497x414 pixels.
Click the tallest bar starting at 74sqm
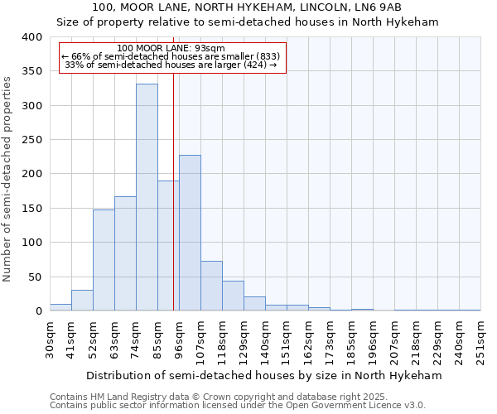147,197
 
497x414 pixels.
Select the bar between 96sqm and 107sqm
190,233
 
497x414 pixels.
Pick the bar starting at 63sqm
125,253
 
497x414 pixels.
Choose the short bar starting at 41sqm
82,301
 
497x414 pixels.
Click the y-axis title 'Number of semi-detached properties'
8,179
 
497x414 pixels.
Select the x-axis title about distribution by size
264,376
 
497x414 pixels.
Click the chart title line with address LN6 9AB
247,7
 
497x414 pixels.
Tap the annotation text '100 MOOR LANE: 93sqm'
171,49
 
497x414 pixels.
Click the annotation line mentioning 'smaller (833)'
171,56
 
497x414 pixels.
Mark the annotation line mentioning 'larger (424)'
171,65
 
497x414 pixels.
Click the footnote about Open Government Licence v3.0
238,405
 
